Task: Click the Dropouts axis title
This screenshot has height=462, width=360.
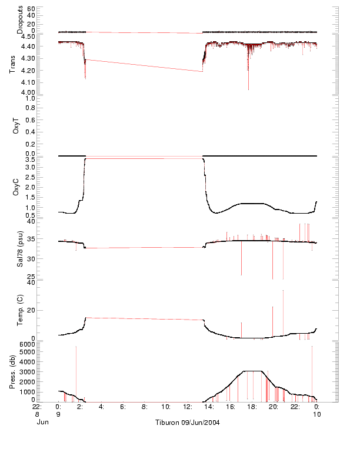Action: click(x=20, y=20)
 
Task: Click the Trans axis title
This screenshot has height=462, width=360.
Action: click(x=12, y=64)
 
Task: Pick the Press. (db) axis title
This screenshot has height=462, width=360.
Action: click(x=12, y=371)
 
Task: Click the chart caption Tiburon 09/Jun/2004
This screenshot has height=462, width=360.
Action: click(x=186, y=423)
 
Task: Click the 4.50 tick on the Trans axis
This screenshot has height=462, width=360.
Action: click(x=27, y=36)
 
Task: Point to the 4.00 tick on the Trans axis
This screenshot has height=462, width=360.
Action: click(x=27, y=92)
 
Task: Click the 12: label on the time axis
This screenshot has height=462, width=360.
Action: click(x=188, y=407)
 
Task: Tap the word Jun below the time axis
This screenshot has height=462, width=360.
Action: click(x=42, y=422)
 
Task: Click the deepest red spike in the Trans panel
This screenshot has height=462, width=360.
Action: click(x=248, y=88)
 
